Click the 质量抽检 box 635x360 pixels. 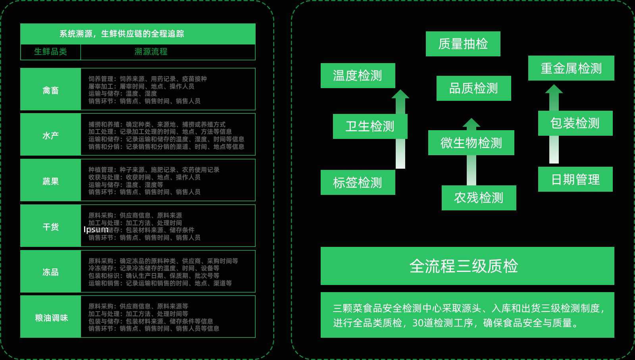point(463,44)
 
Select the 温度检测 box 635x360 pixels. point(358,75)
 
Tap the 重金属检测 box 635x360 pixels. point(571,68)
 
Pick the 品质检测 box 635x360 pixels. point(473,88)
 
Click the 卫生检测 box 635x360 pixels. point(370,126)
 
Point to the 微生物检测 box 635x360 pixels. point(471,142)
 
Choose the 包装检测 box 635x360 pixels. point(575,123)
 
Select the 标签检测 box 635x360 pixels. point(358,182)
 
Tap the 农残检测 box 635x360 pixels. point(479,198)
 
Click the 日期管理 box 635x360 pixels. point(575,179)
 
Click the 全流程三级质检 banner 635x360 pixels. point(467,266)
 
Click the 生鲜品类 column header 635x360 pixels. point(50,52)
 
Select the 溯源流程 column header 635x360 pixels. point(151,52)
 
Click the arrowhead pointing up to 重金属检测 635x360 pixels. point(554,89)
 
